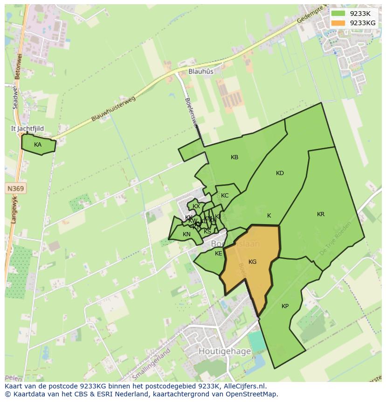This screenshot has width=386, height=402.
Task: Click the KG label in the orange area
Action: tap(252, 262)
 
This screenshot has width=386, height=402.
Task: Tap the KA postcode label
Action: tap(38, 145)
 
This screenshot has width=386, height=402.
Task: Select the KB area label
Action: tap(234, 157)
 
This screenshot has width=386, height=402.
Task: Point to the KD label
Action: tap(280, 173)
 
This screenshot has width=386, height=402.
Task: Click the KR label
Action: tap(321, 214)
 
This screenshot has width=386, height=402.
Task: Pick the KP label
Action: tap(285, 306)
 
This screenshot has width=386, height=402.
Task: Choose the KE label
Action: tap(219, 254)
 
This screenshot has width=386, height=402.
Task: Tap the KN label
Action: tap(186, 234)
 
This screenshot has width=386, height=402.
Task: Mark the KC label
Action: tap(225, 196)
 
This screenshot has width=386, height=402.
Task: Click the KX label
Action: tap(196, 206)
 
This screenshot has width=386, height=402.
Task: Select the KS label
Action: tap(207, 231)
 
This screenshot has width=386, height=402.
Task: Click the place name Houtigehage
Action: tap(225, 351)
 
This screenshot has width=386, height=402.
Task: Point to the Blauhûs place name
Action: tap(201, 71)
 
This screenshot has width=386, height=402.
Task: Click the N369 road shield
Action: tap(16, 189)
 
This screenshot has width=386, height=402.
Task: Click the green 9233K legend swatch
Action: tap(338, 14)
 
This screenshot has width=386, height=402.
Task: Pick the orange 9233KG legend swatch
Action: tap(338, 23)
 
